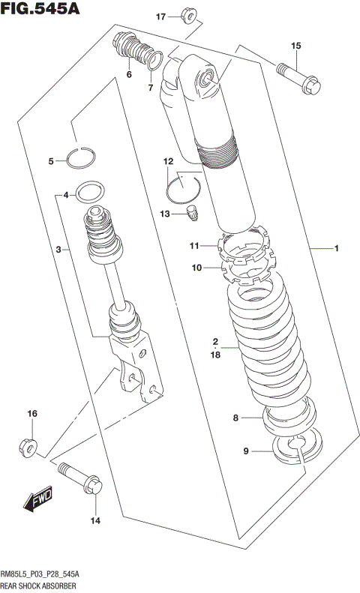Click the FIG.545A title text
40,10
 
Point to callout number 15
295,46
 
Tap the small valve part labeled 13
193,212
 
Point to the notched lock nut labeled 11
243,247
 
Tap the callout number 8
235,418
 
